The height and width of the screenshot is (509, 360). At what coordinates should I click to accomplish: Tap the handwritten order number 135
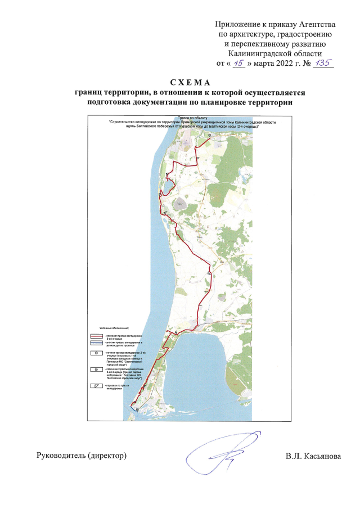click(323, 63)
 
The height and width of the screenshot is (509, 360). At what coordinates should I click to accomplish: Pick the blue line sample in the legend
click(96, 343)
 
